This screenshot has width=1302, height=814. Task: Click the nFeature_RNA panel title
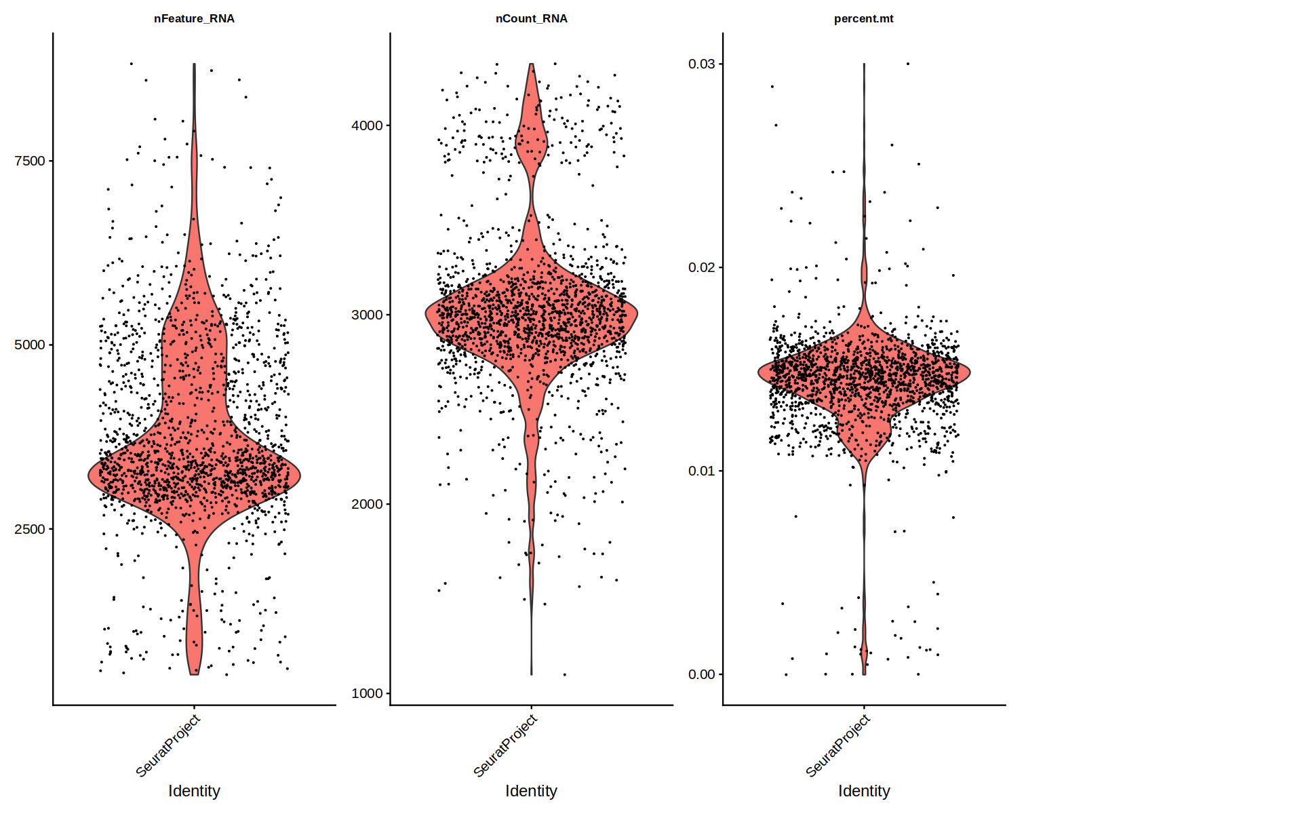194,19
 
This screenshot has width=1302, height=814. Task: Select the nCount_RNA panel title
531,19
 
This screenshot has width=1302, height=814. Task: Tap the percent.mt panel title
863,19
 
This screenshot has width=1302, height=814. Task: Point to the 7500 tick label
30,161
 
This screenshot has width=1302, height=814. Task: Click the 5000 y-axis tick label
30,345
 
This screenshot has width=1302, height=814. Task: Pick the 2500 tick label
30,529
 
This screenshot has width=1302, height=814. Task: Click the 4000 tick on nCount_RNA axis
367,125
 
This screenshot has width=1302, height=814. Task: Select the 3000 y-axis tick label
367,315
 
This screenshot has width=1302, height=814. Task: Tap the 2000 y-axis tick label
367,504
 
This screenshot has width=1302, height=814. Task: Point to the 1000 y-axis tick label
367,693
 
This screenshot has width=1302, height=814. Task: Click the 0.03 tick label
701,64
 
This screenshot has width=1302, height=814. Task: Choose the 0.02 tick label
701,267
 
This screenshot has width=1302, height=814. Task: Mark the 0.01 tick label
701,471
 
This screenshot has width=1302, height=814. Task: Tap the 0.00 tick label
701,674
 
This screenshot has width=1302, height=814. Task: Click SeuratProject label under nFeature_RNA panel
168,745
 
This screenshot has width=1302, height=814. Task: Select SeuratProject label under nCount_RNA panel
505,745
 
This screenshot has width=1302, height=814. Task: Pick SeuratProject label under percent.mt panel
838,745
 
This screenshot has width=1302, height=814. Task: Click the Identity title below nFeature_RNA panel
194,791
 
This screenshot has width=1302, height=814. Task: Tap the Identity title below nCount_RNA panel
531,791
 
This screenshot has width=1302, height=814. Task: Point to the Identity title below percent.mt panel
864,791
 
